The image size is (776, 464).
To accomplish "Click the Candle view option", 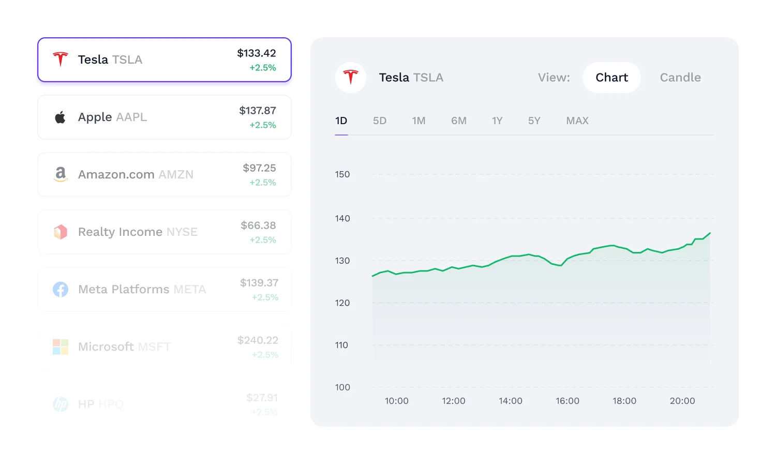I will coord(680,78).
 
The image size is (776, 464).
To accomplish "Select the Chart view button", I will coord(611,78).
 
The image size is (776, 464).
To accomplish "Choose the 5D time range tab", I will coord(380,121).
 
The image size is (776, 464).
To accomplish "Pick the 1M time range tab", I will coord(419,121).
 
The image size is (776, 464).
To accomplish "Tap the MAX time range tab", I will coord(577,121).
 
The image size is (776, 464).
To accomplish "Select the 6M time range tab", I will coord(459,121).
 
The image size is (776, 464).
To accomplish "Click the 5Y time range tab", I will coord(534,121).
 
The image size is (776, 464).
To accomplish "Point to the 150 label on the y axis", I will coord(342,174).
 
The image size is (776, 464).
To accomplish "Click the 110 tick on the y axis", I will coord(341,345).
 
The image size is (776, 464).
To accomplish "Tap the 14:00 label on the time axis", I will coord(511,401).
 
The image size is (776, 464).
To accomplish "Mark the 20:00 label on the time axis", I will coord(682,401).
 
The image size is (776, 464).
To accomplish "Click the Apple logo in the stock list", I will coord(61,117).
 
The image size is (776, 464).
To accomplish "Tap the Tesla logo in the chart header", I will coord(351,78).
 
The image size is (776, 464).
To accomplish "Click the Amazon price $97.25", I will coord(259,168).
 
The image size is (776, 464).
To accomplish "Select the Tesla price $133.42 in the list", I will coord(257,53).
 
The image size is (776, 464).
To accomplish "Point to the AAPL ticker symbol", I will coord(131,117).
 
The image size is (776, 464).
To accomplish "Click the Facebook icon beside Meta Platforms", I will coord(61,289).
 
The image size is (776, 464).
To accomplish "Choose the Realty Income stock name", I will coord(120,232).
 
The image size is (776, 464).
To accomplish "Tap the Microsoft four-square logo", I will coord(61,347).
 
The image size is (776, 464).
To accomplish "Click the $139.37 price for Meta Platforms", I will coord(259,283).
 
